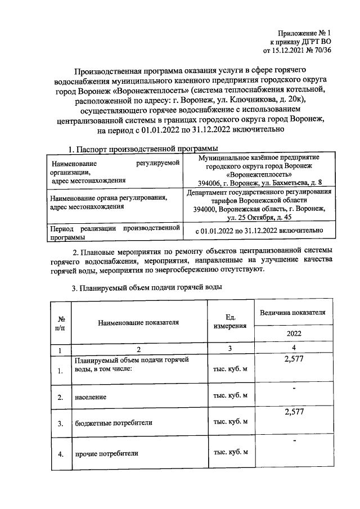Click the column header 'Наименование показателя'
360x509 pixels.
coord(138,322)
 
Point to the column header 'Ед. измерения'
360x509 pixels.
coord(229,322)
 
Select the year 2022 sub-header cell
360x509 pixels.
coord(291,334)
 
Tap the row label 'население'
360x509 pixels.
coord(91,397)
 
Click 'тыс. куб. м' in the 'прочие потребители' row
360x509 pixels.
coord(229,452)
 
